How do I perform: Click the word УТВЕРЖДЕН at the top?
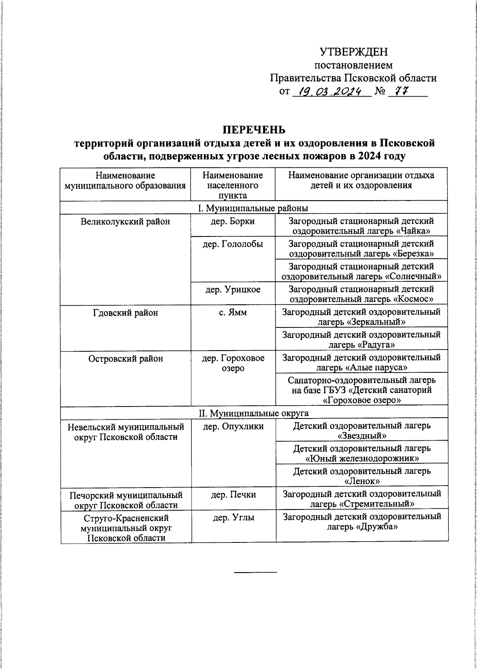pyautogui.click(x=353, y=52)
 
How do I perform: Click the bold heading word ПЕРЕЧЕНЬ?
pyautogui.click(x=254, y=130)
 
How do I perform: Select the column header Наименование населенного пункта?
pyautogui.click(x=233, y=185)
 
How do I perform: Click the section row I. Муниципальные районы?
pyautogui.click(x=253, y=208)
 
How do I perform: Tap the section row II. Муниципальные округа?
pyautogui.click(x=254, y=413)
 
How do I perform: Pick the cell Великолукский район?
pyautogui.click(x=125, y=222)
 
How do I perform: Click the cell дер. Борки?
pyautogui.click(x=233, y=221)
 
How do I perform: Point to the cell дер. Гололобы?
pyautogui.click(x=233, y=244)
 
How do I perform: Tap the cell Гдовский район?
pyautogui.click(x=125, y=313)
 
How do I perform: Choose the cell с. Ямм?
pyautogui.click(x=233, y=312)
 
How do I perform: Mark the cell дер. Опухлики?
pyautogui.click(x=233, y=426)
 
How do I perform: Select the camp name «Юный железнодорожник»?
pyautogui.click(x=362, y=458)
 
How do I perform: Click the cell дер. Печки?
pyautogui.click(x=233, y=495)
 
